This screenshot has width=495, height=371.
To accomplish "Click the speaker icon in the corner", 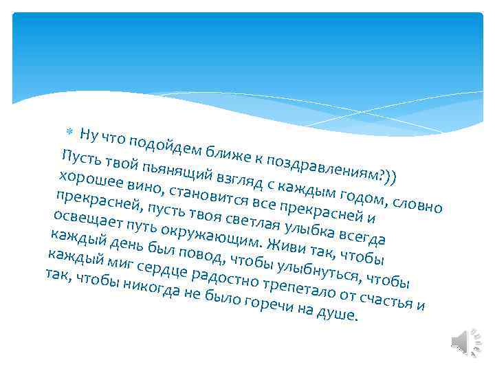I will click(x=461, y=341).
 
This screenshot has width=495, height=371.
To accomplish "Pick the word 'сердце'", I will click(x=162, y=269).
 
